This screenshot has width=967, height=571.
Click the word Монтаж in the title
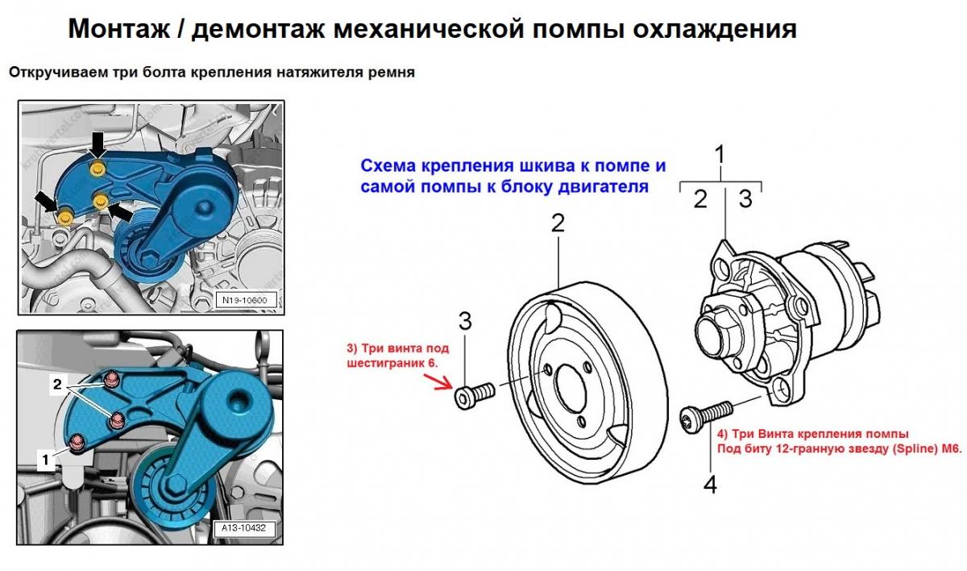tap(119, 29)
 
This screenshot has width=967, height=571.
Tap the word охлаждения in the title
tap(715, 30)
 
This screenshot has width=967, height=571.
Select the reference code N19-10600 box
tap(245, 300)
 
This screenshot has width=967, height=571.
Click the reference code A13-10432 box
tap(244, 528)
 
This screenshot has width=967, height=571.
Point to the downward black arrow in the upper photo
tap(99, 144)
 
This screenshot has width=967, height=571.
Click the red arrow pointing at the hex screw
tap(438, 381)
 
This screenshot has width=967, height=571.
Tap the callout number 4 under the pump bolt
tap(710, 484)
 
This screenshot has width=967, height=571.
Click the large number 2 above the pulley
tap(558, 223)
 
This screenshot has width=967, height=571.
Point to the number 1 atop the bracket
tap(720, 155)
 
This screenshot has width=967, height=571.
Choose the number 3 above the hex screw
tap(464, 321)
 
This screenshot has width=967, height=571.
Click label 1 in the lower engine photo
tap(45, 460)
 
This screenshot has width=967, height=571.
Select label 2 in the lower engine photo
tap(57, 384)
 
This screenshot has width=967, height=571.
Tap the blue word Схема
tap(388, 166)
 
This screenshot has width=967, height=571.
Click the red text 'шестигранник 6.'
tap(392, 364)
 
